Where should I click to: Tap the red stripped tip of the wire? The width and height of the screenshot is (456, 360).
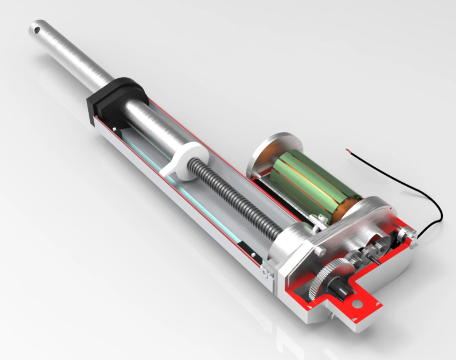[349, 150]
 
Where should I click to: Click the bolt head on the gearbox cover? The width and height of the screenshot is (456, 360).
[319, 250]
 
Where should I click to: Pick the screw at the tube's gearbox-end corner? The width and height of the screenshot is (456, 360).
[264, 272]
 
